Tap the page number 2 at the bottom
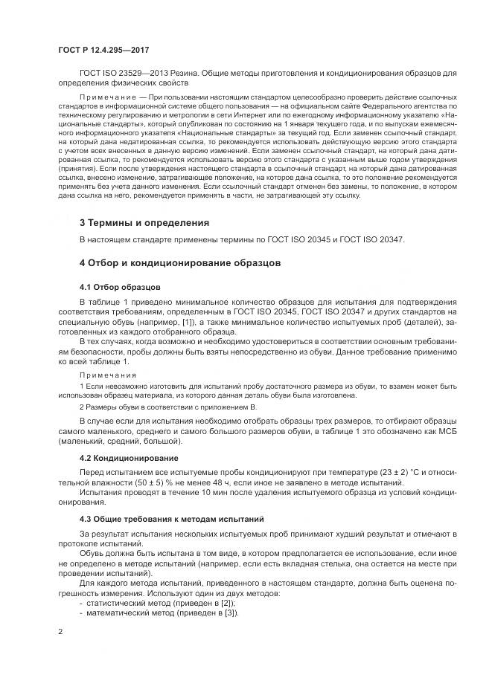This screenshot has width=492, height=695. [x=60, y=632]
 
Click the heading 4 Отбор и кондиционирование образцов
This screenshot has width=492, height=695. [x=179, y=263]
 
